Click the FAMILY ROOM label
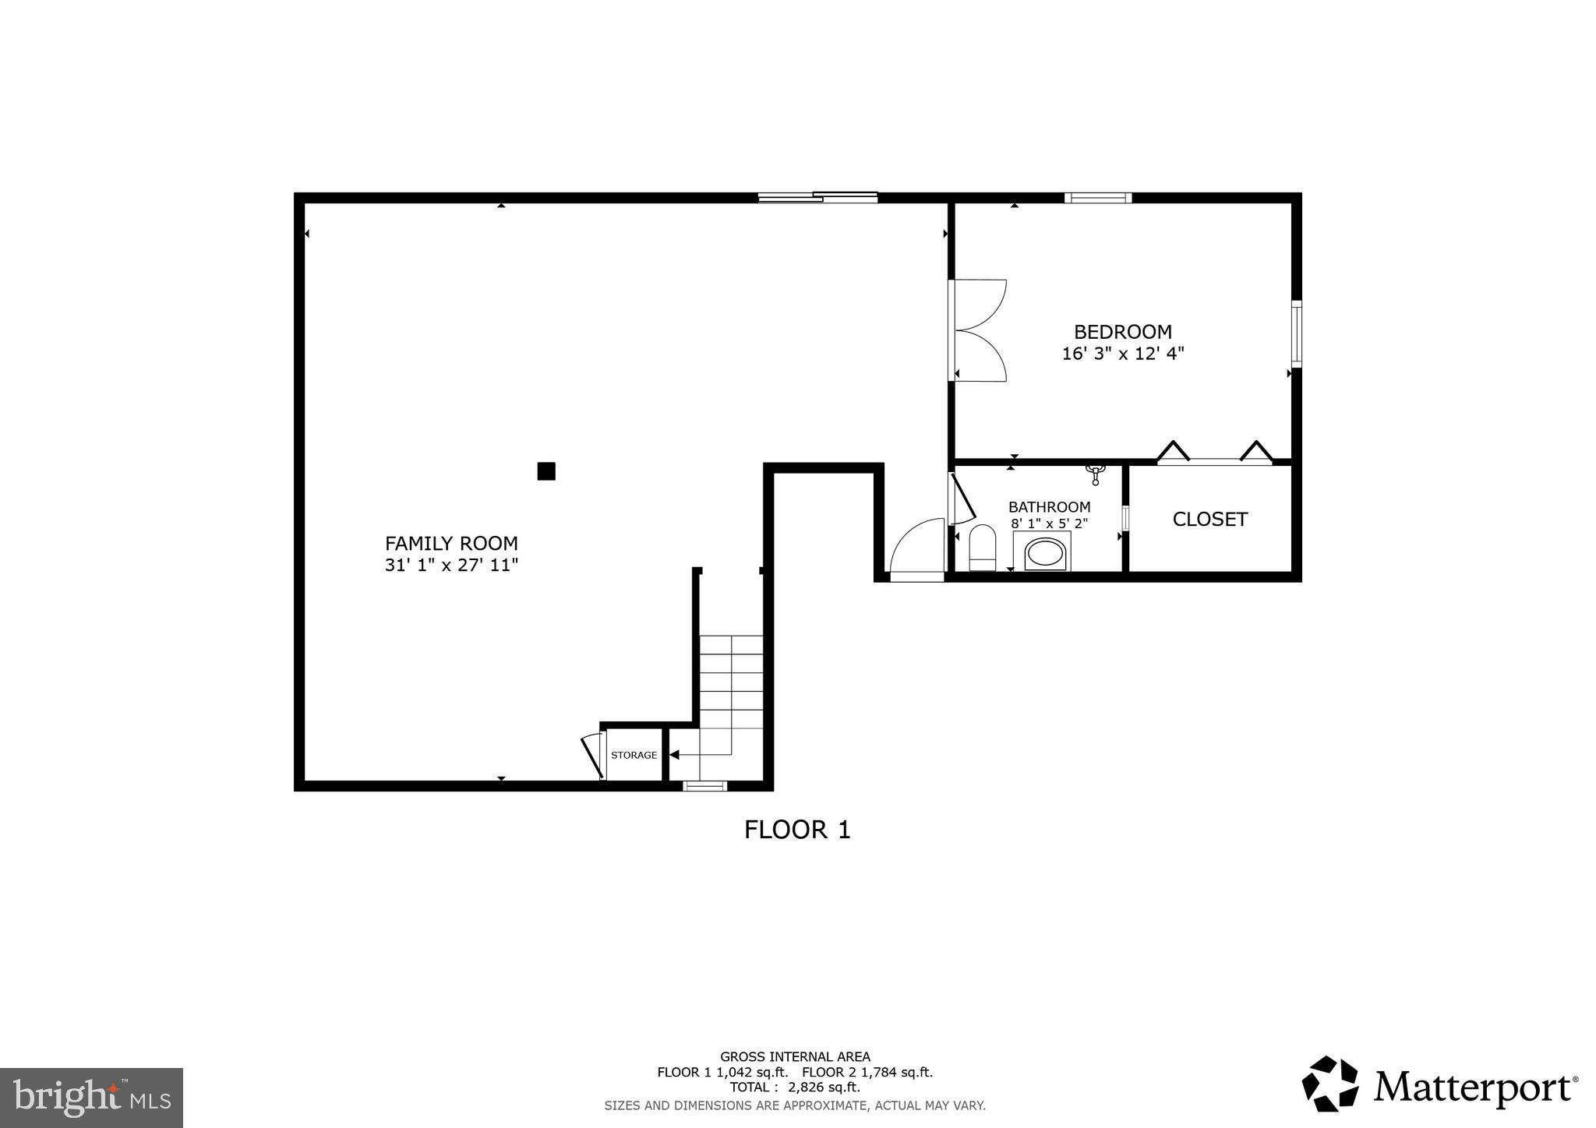[x=451, y=543]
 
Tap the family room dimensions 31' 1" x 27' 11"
[x=451, y=565]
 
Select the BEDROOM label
[x=1122, y=332]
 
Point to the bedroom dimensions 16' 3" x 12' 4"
[x=1122, y=354]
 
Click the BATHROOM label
[x=1049, y=507]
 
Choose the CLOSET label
[x=1209, y=519]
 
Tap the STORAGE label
[x=634, y=755]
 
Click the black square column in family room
[x=546, y=471]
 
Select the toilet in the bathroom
[x=982, y=547]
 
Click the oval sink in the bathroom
[x=1044, y=554]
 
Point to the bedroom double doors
[x=978, y=330]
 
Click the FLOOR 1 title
[x=796, y=830]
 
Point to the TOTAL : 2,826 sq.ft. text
[x=794, y=1087]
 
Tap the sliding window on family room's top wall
[x=817, y=197]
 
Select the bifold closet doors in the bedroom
[x=1214, y=455]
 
